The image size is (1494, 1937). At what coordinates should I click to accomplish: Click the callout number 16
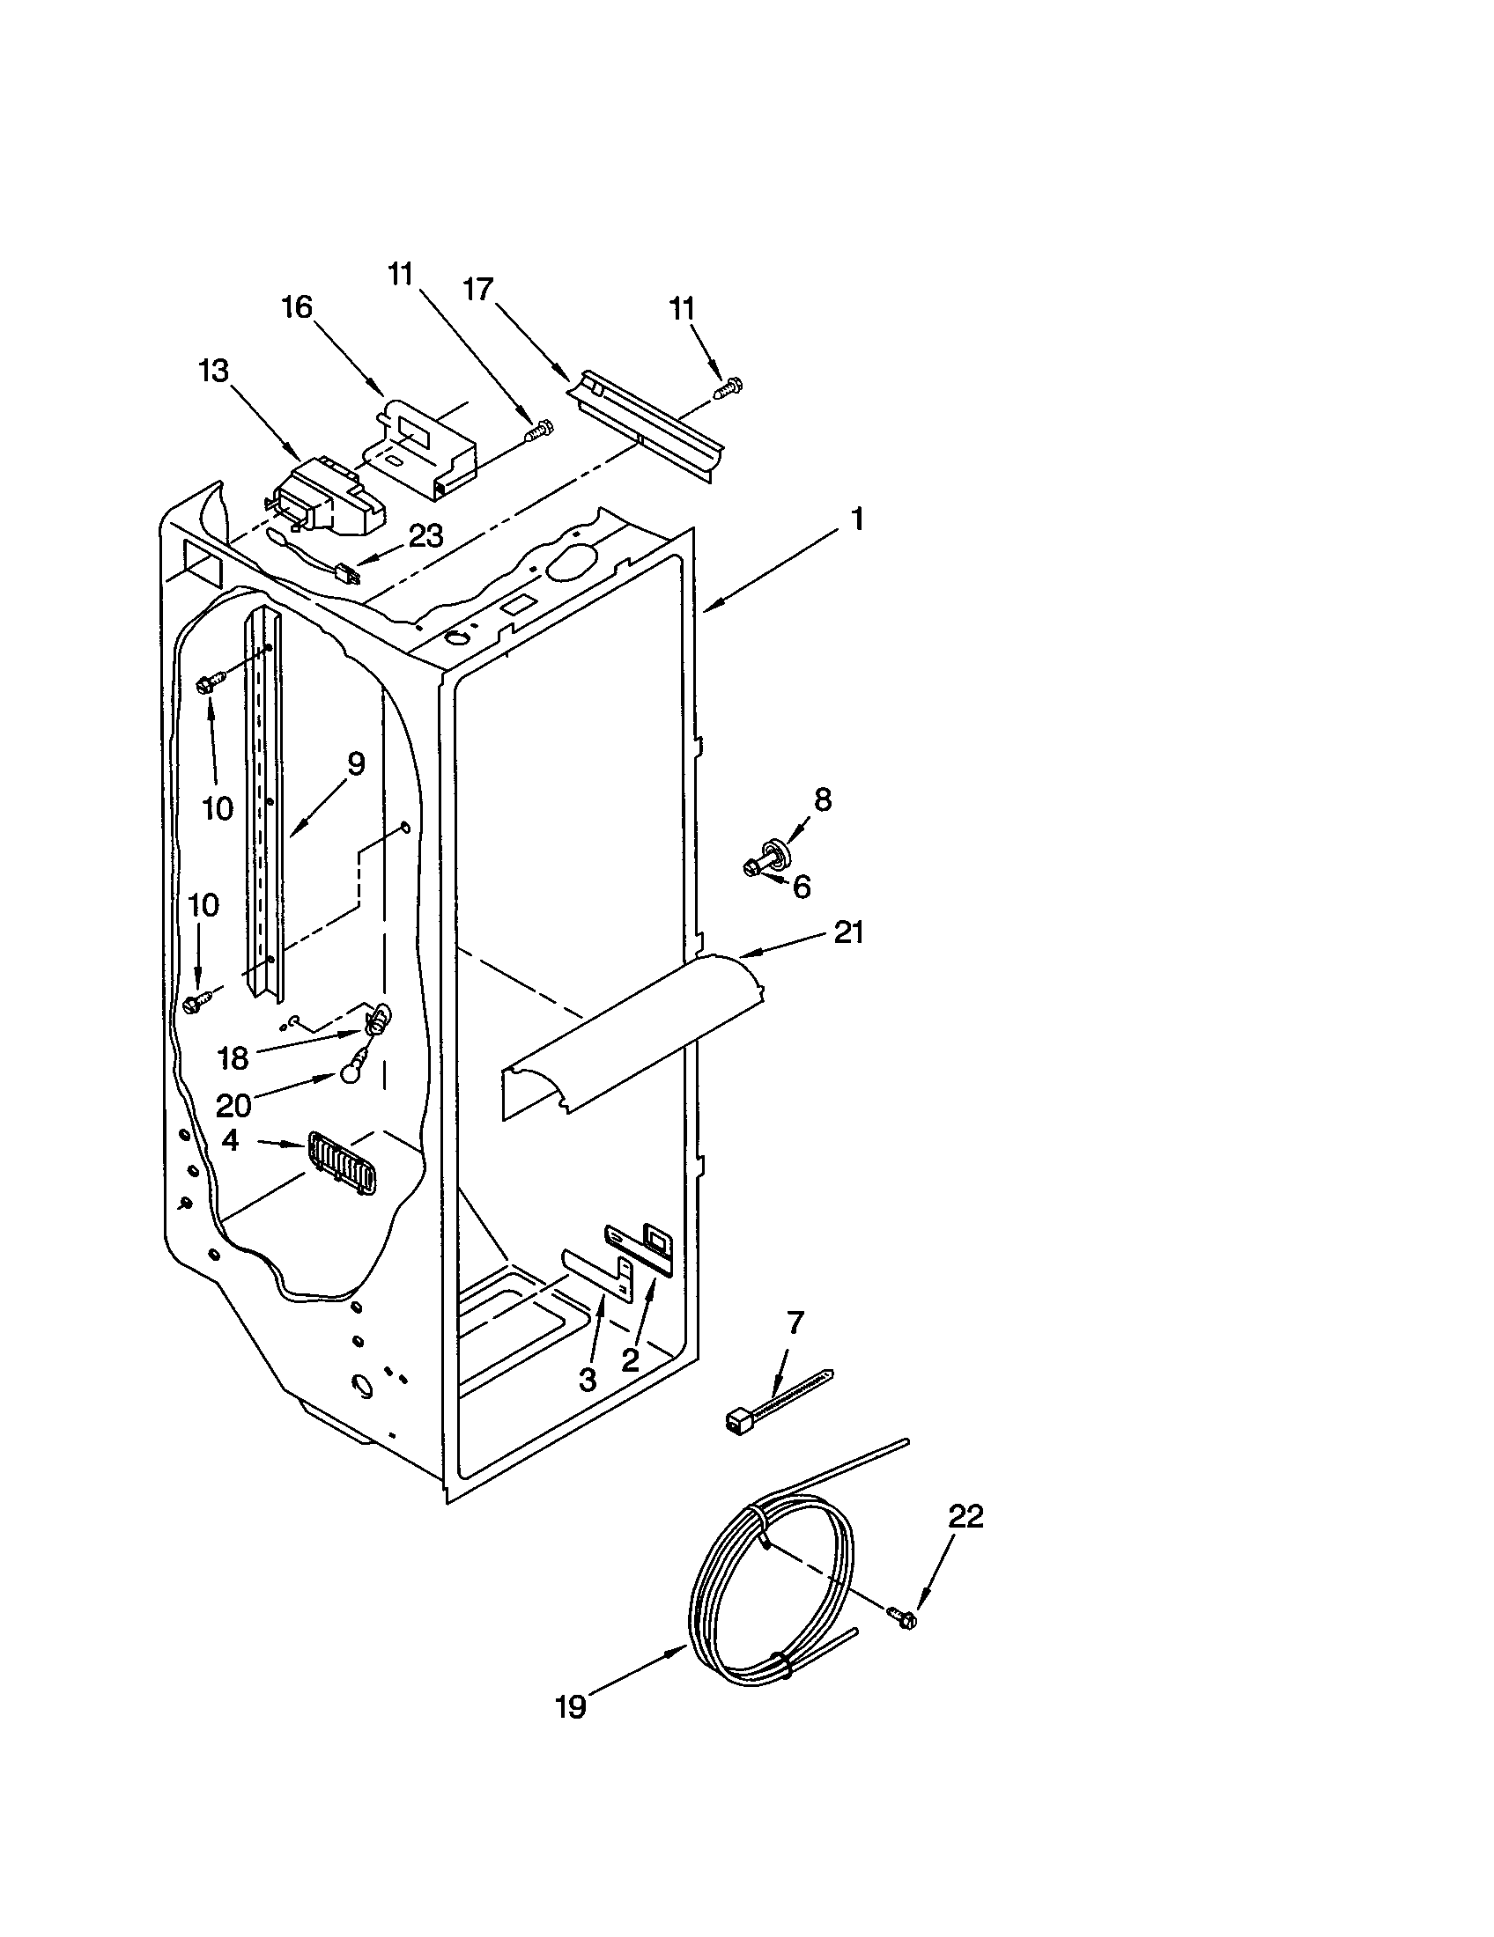tap(297, 308)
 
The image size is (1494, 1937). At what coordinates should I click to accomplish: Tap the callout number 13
tap(213, 370)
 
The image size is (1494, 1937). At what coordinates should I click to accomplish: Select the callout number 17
tap(477, 290)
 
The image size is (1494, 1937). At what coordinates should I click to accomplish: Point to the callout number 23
tap(425, 535)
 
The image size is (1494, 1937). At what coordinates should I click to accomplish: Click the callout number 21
tap(848, 933)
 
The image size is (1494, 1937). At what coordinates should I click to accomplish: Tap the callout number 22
tap(966, 1517)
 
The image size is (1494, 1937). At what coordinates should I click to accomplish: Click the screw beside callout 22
tap(902, 1617)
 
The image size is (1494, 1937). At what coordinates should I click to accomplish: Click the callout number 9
tap(355, 763)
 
